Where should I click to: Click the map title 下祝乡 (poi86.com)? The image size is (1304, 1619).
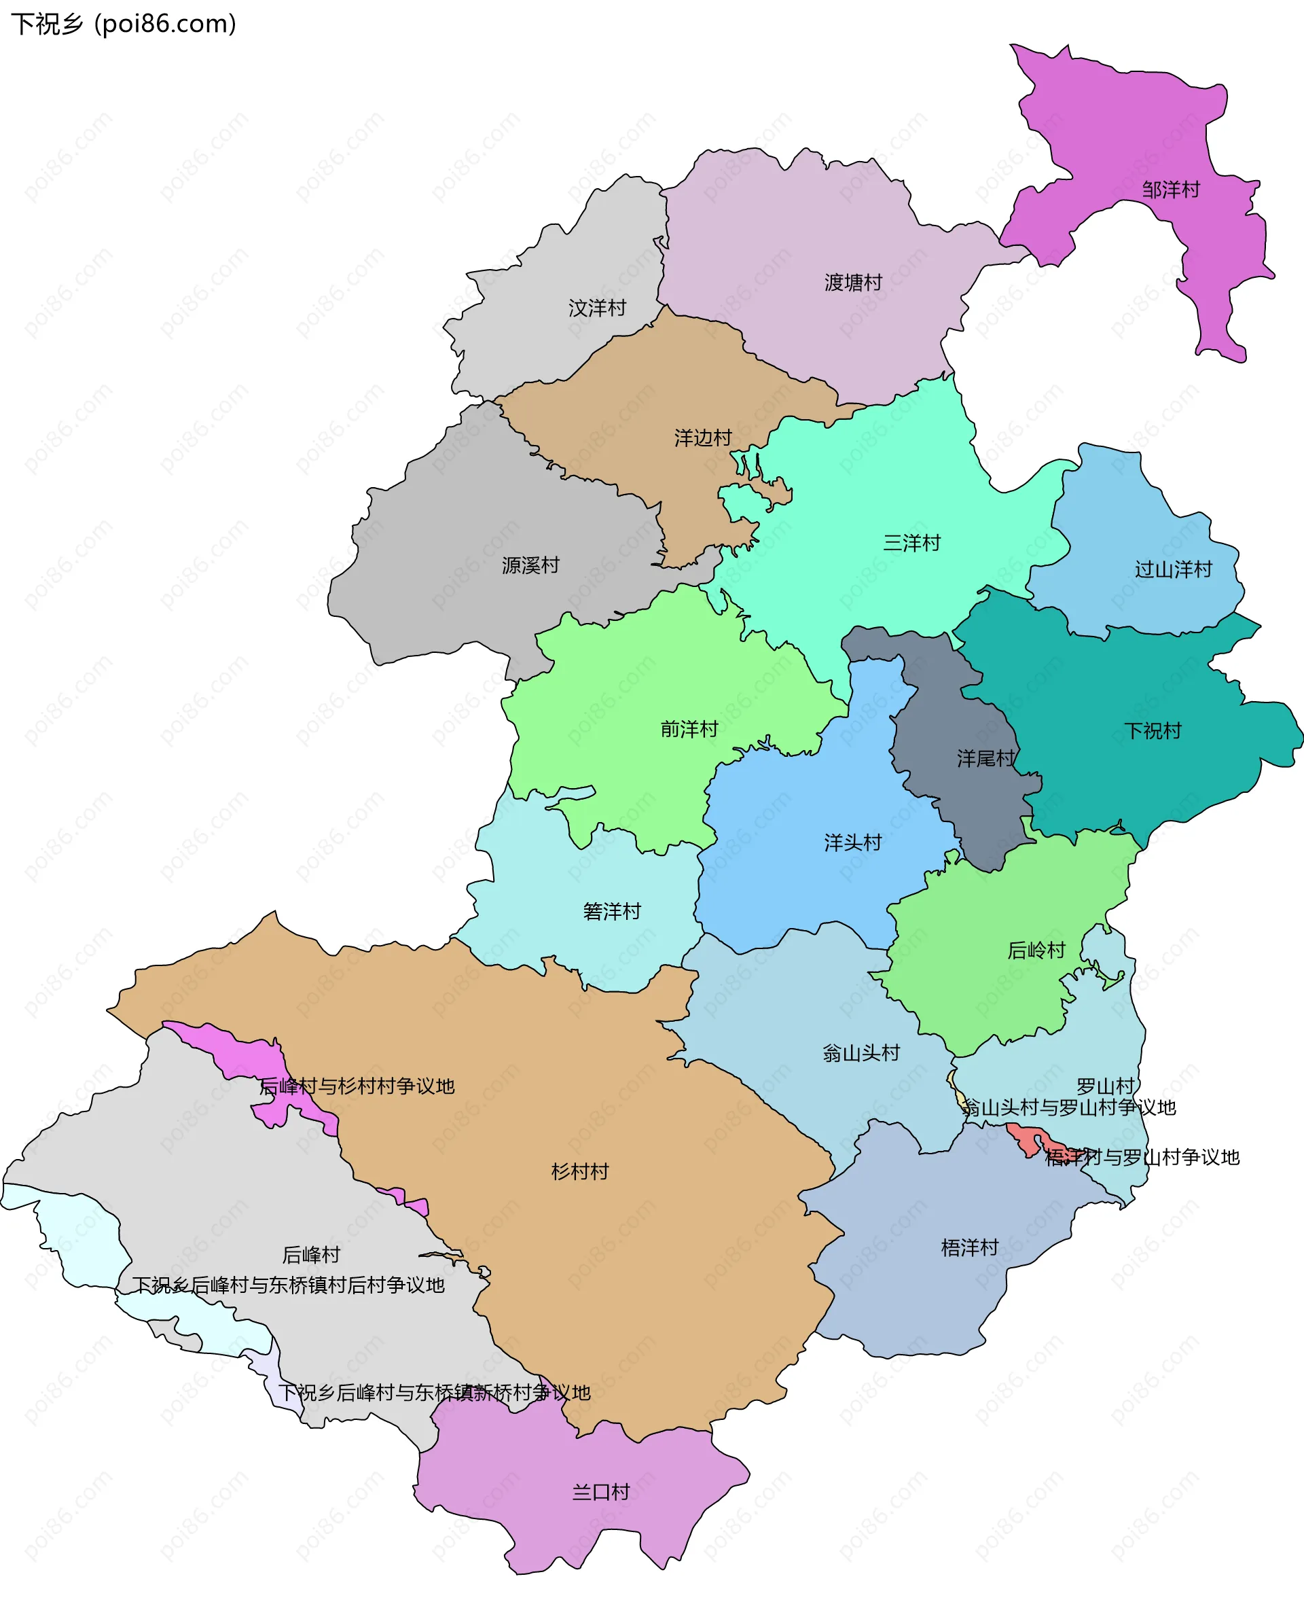123,24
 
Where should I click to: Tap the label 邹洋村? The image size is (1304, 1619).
1170,190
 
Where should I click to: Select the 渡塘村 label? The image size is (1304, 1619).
852,283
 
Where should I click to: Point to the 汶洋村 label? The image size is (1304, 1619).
597,308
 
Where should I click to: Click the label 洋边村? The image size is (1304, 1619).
702,438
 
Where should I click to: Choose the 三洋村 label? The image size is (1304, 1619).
911,543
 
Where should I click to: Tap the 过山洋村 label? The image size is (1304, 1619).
1172,569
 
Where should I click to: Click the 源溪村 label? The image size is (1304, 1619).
530,566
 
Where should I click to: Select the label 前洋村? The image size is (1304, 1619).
689,730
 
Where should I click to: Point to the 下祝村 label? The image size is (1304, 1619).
1153,731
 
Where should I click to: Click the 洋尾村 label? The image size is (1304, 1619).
985,759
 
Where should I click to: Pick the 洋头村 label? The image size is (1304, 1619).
852,843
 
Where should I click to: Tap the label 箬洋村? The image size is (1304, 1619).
611,912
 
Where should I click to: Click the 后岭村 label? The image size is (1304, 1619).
1036,951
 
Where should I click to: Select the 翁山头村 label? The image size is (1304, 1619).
861,1053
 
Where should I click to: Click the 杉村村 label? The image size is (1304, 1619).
579,1171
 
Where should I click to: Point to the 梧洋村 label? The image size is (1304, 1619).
969,1248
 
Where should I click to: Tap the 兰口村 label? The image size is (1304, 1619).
600,1492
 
